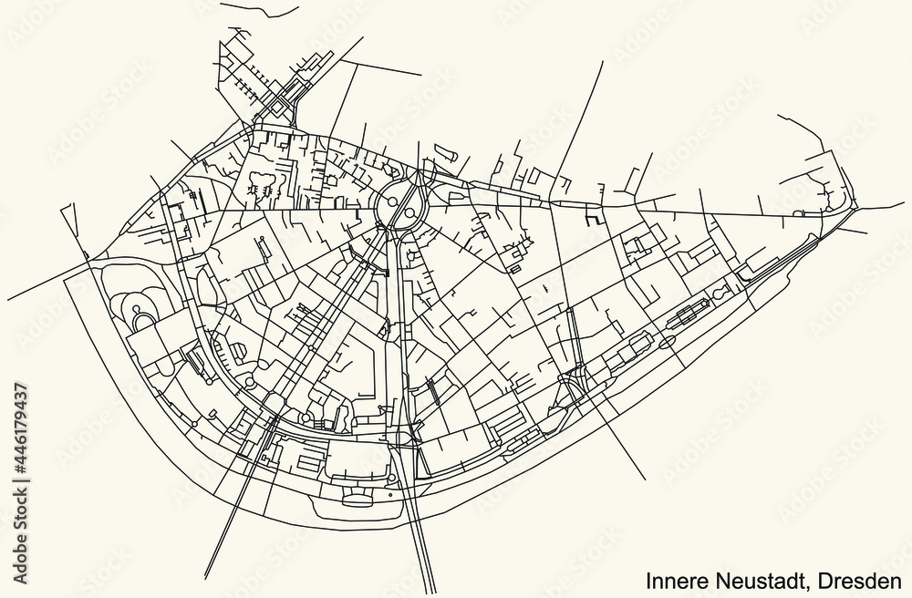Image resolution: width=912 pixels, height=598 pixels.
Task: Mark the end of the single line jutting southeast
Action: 647,479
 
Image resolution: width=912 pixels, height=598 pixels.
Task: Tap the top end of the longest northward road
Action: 603,62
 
